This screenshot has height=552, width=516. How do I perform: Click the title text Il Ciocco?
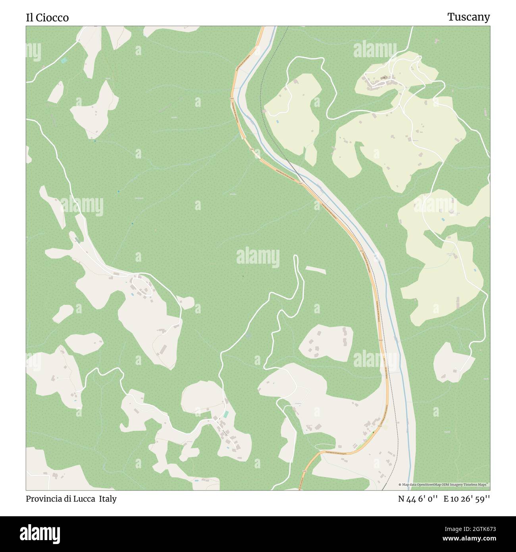tap(47, 17)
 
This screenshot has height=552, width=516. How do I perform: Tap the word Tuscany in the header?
tap(468, 17)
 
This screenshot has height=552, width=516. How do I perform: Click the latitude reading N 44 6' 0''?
tap(418, 499)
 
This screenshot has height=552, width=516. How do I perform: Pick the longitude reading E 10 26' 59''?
tap(467, 499)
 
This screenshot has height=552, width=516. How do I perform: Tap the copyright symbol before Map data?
tap(400, 484)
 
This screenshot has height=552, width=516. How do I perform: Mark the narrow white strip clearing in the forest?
tap(315, 270)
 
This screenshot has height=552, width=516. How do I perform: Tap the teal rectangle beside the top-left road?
tap(64, 60)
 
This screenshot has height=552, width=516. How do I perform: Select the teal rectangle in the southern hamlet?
tap(226, 414)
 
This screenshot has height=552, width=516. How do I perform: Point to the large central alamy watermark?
tap(258, 257)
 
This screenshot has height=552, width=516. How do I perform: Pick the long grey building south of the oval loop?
tap(163, 349)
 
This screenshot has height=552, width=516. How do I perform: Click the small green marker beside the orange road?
tap(373, 432)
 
